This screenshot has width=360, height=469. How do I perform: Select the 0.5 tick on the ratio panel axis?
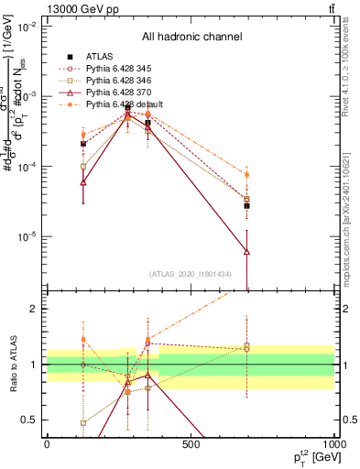[35, 420]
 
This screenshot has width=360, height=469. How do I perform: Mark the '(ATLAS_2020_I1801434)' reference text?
[191, 276]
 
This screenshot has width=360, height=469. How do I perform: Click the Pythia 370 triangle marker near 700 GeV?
[246, 250]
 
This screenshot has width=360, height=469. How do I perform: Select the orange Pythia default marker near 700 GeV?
[246, 174]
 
